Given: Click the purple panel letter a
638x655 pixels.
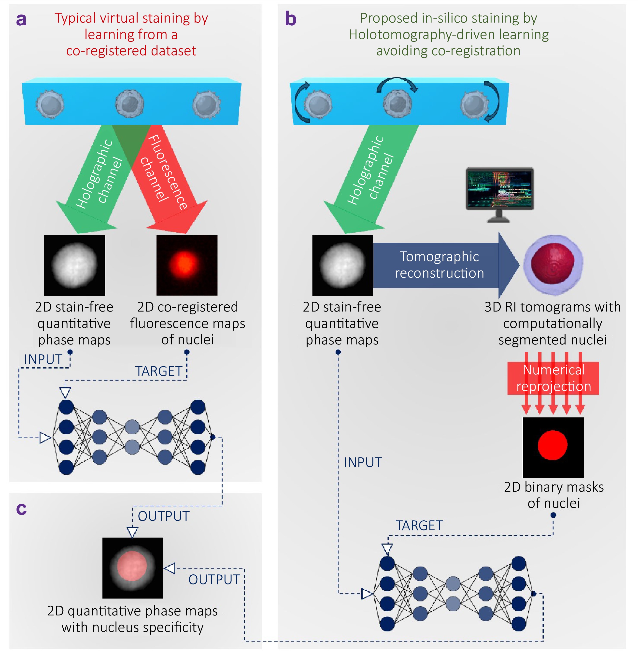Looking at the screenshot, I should tap(21, 20).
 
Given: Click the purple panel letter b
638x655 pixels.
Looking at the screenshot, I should tap(291, 19).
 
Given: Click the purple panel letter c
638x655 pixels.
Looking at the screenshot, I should tap(21, 509).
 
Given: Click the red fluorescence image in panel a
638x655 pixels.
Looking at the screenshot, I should tap(187, 265).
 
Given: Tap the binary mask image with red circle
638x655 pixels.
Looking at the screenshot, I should tap(553, 447).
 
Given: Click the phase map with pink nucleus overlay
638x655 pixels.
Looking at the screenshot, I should tap(132, 568).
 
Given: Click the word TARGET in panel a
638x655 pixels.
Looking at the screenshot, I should tap(158, 371).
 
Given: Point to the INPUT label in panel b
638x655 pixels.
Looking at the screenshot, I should tap(363, 462).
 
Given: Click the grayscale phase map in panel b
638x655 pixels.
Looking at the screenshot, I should tap(342, 265).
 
